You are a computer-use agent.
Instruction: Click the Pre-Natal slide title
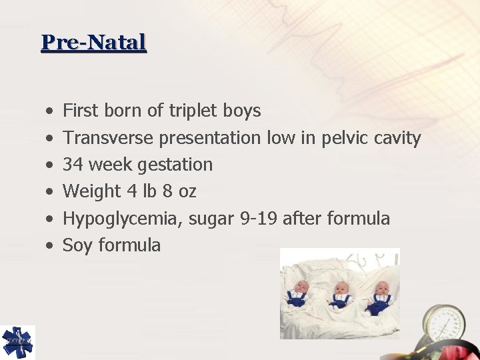pyautogui.click(x=93, y=43)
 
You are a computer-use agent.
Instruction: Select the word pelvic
pyautogui.click(x=346, y=138)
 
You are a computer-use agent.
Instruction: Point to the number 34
pyautogui.click(x=73, y=165)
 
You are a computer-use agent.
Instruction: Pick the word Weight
pyautogui.click(x=89, y=191)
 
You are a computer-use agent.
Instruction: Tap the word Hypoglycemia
pyautogui.click(x=123, y=218)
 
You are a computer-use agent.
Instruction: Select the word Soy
pyautogui.click(x=78, y=245)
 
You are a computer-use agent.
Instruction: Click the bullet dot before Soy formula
pyautogui.click(x=50, y=246)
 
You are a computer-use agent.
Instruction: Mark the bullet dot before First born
pyautogui.click(x=50, y=111)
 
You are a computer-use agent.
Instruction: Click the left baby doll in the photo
pyautogui.click(x=297, y=293)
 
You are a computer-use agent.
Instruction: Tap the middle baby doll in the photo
pyautogui.click(x=341, y=294)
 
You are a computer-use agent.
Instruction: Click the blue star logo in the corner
pyautogui.click(x=17, y=341)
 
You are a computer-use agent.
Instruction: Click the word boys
pyautogui.click(x=243, y=111)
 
